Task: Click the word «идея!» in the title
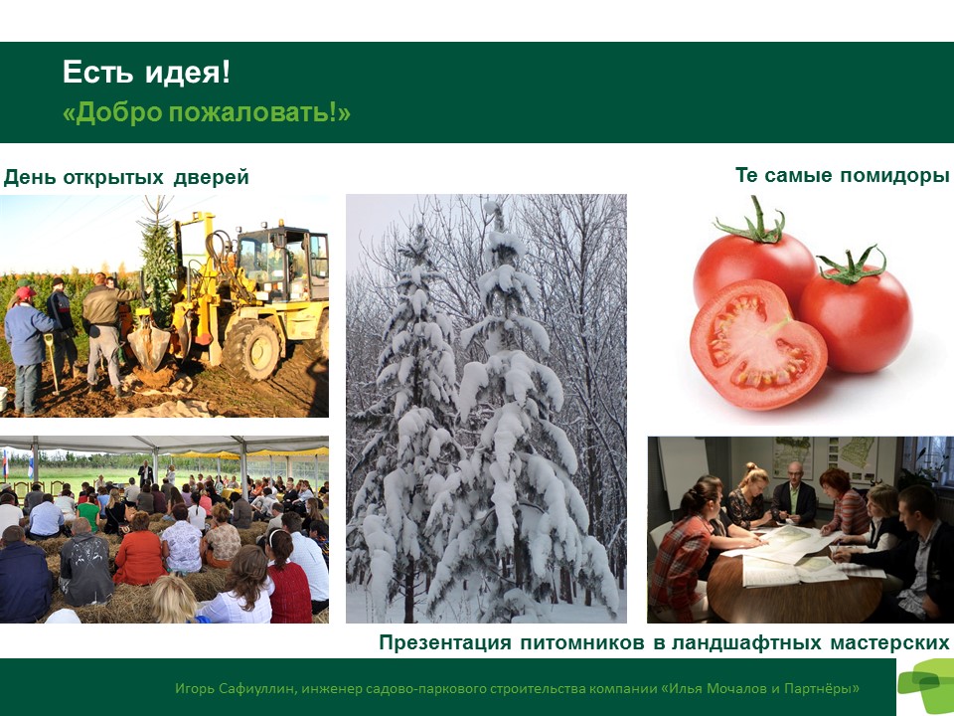click(188, 73)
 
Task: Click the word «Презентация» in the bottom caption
click(445, 642)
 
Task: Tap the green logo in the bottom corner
click(925, 685)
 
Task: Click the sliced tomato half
click(757, 344)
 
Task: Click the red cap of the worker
click(25, 292)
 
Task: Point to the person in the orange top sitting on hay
click(140, 551)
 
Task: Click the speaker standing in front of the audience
click(145, 473)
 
